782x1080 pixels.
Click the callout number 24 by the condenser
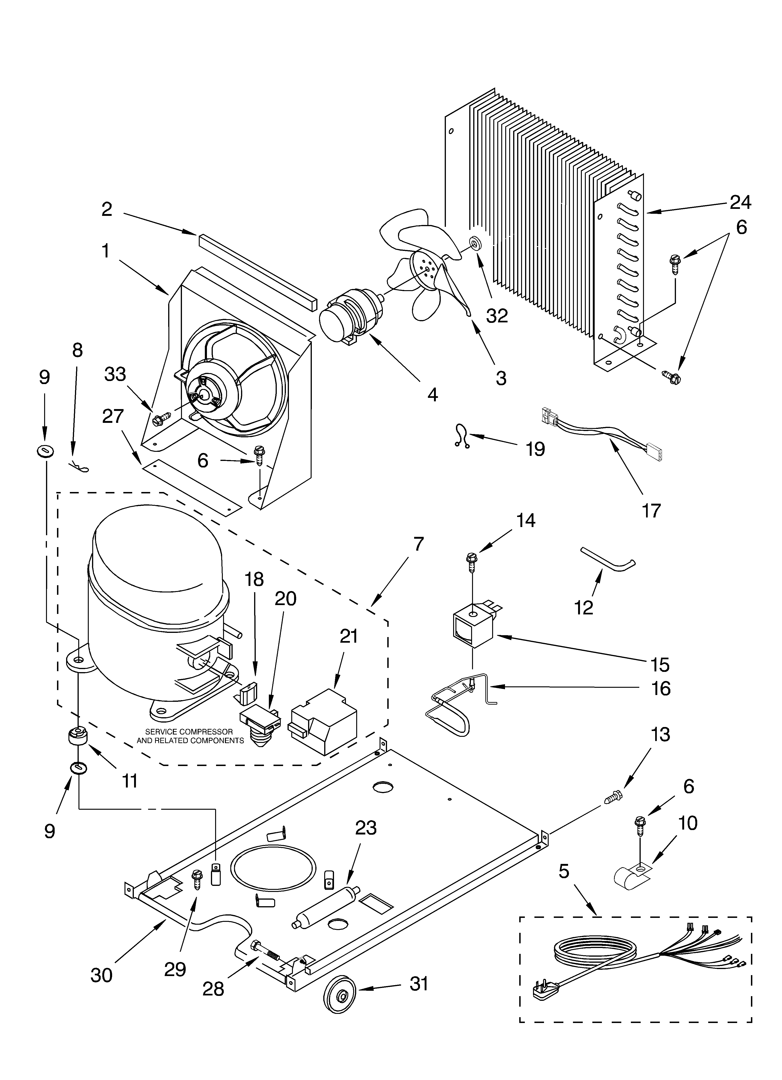(x=741, y=202)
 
